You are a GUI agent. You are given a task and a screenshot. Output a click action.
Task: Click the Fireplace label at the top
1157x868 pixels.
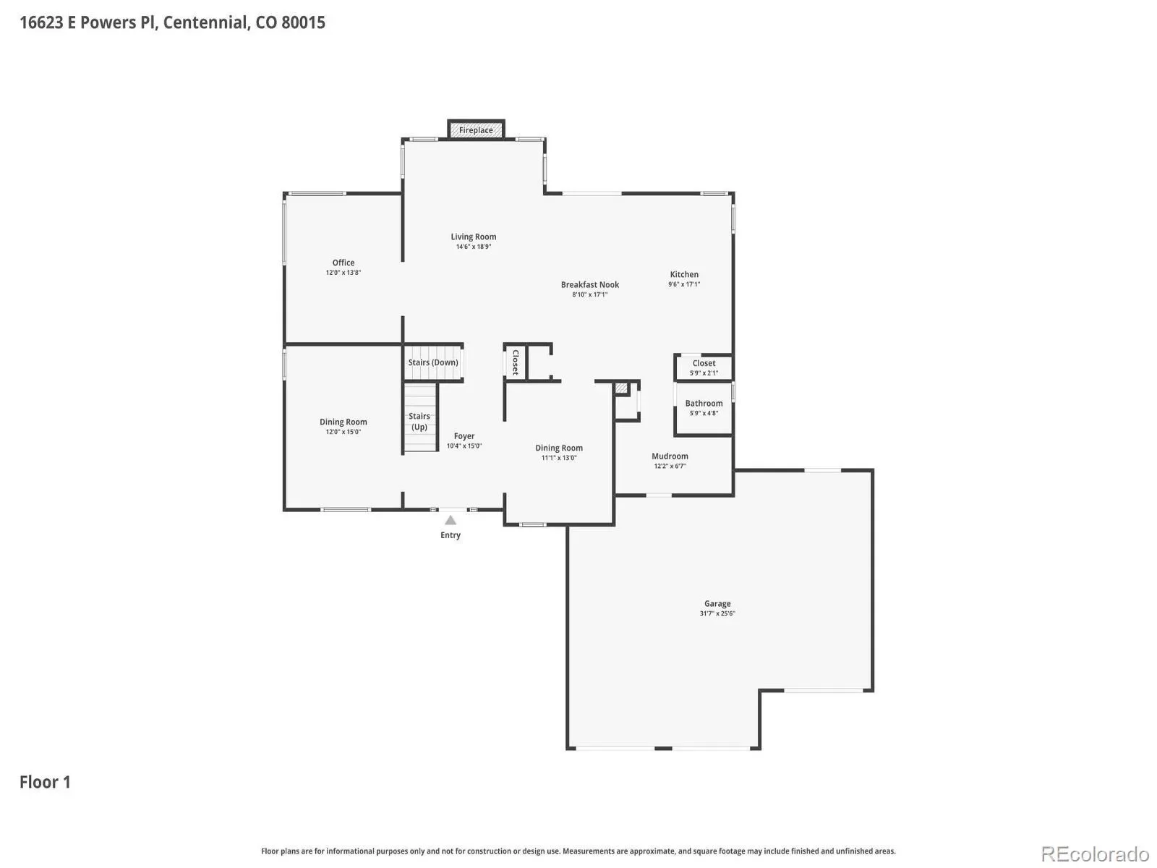pos(475,130)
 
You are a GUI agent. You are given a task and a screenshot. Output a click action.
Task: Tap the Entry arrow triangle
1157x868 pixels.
pos(451,521)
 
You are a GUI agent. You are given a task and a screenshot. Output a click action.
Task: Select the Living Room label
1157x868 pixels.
pos(474,237)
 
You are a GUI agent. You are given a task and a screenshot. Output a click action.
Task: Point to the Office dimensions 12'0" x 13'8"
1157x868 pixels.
pos(343,273)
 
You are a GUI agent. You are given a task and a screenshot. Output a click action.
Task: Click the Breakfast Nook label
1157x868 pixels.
pos(590,284)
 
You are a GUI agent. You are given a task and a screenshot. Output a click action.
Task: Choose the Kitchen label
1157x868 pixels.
pos(684,275)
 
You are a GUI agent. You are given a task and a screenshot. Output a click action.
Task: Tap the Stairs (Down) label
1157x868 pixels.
pos(432,362)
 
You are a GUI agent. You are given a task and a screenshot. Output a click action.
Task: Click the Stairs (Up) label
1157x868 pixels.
pos(419,422)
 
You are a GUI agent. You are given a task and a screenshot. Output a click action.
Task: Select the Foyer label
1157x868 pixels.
pos(464,436)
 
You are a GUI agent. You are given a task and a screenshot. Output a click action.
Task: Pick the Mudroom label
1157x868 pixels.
pos(670,456)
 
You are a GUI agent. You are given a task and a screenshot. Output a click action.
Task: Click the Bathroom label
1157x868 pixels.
pos(704,404)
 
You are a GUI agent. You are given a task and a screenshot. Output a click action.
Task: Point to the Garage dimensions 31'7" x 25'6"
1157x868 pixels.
pos(717,613)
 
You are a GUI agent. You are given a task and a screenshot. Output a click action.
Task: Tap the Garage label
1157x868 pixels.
pos(717,604)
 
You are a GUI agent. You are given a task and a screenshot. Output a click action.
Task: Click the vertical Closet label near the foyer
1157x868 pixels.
pos(516,362)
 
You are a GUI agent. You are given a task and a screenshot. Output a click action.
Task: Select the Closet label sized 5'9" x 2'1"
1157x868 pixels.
pos(704,363)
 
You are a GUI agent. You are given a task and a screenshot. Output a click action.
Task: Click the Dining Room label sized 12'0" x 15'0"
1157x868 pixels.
pos(343,422)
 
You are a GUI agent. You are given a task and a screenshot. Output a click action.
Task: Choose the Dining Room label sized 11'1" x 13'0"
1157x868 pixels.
pos(559,448)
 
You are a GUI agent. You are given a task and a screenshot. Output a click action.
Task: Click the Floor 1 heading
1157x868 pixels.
pos(45,782)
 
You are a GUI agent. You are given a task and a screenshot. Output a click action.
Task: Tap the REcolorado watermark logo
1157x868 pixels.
pos(1096,854)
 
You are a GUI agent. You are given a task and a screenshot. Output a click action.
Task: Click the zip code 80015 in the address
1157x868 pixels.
pos(303,22)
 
